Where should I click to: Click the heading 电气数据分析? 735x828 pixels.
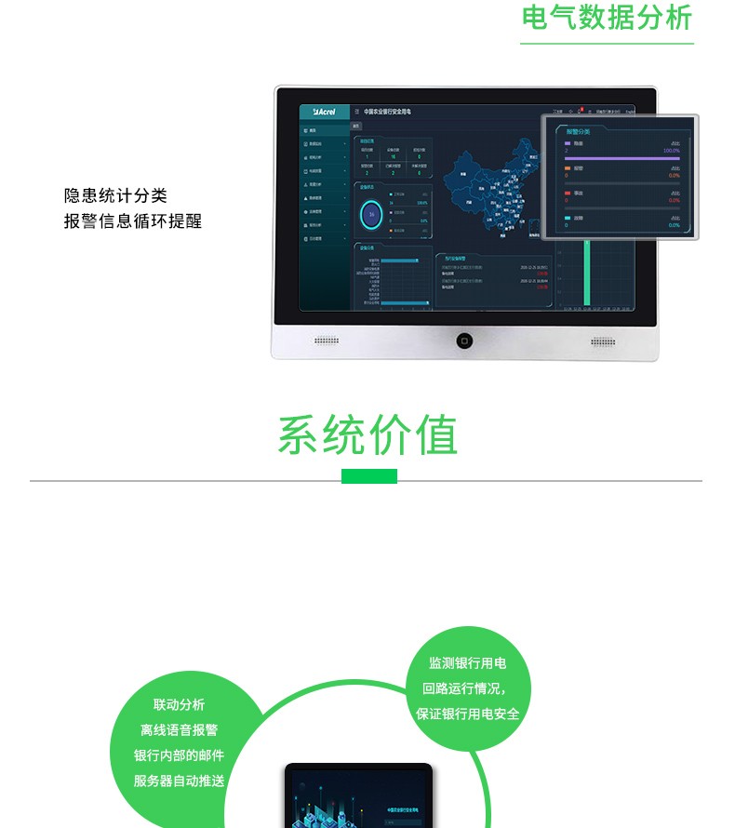(x=608, y=18)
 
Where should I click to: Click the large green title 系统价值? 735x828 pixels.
(x=367, y=434)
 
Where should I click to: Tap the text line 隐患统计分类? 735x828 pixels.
(x=115, y=195)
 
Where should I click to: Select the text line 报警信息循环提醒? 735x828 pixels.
(x=132, y=221)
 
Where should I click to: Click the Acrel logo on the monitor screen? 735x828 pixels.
(x=324, y=112)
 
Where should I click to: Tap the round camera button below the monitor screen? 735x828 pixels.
(x=463, y=341)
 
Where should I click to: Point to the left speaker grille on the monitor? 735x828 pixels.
(x=327, y=341)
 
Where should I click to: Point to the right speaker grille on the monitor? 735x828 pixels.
(x=603, y=341)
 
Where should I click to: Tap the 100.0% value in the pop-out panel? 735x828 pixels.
(x=671, y=150)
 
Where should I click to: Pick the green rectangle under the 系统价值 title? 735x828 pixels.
(x=369, y=476)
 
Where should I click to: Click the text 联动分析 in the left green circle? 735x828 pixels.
(x=179, y=705)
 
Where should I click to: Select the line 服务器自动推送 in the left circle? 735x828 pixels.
(x=179, y=781)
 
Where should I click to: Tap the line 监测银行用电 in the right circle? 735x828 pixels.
(x=467, y=663)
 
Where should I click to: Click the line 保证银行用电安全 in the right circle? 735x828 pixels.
(x=467, y=714)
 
